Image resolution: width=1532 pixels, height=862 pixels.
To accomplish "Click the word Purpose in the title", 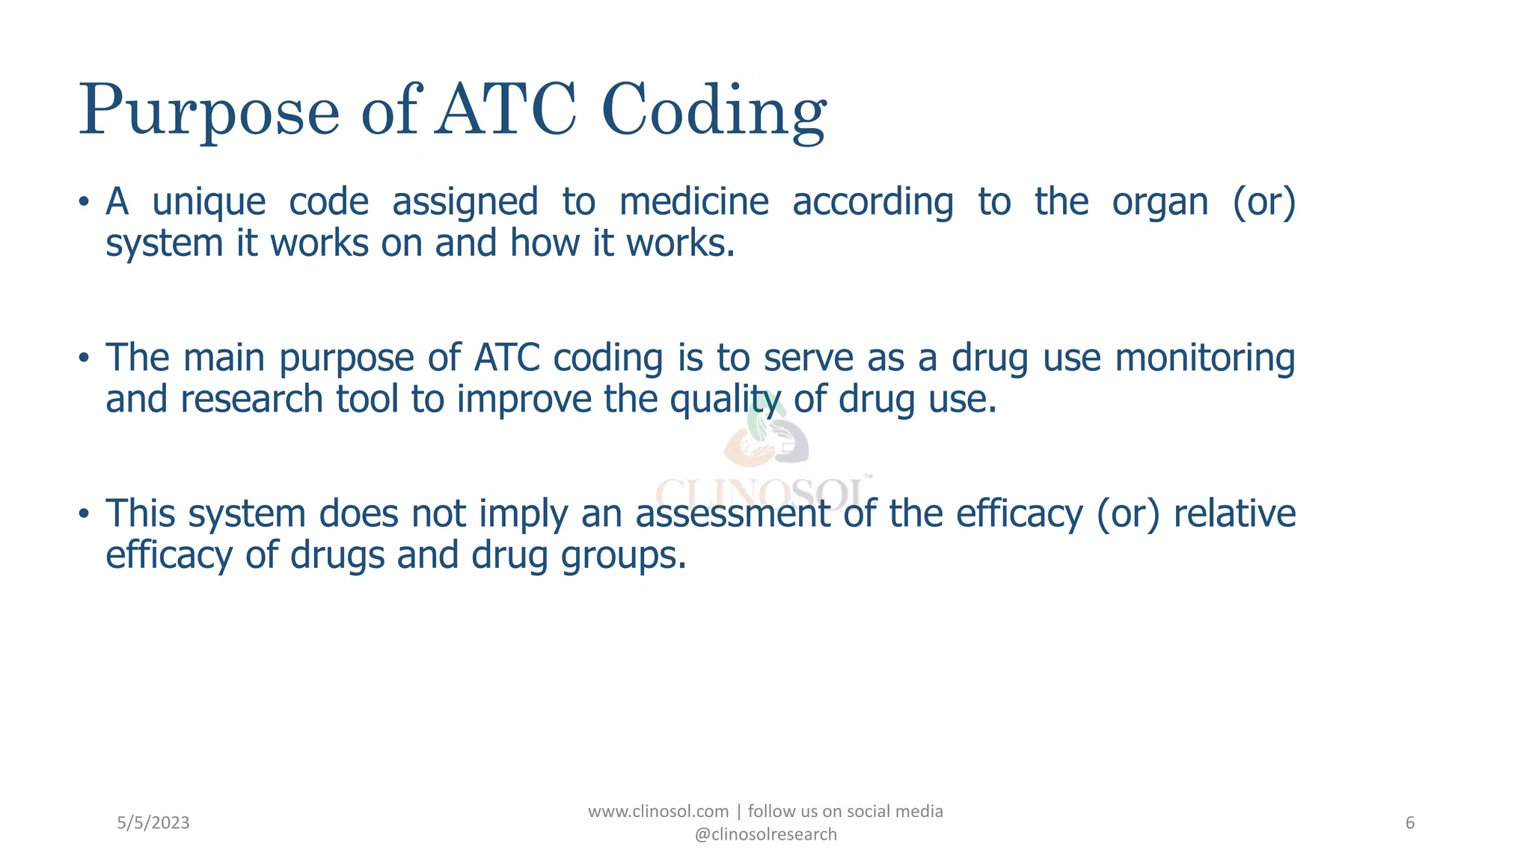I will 209,111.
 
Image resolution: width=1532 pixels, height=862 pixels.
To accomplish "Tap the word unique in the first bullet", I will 209,202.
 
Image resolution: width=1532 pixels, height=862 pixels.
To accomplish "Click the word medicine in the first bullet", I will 693,202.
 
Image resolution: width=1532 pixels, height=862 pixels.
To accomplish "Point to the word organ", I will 1159,202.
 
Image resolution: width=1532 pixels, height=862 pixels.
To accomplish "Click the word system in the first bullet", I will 164,244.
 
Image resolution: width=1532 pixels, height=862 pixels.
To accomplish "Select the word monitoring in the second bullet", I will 1204,358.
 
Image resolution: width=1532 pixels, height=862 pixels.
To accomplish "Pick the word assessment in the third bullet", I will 732,514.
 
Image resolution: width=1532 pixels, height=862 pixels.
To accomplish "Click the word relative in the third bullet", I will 1234,514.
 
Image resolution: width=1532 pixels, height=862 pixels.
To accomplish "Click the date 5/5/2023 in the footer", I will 153,823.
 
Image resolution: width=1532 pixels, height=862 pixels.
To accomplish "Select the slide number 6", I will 1409,823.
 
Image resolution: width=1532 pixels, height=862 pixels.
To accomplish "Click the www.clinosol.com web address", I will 658,812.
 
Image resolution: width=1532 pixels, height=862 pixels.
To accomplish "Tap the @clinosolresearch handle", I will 765,834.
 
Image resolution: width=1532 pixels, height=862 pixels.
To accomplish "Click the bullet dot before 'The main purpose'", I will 84,358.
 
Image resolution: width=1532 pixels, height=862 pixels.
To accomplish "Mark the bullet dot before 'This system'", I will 84,515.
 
